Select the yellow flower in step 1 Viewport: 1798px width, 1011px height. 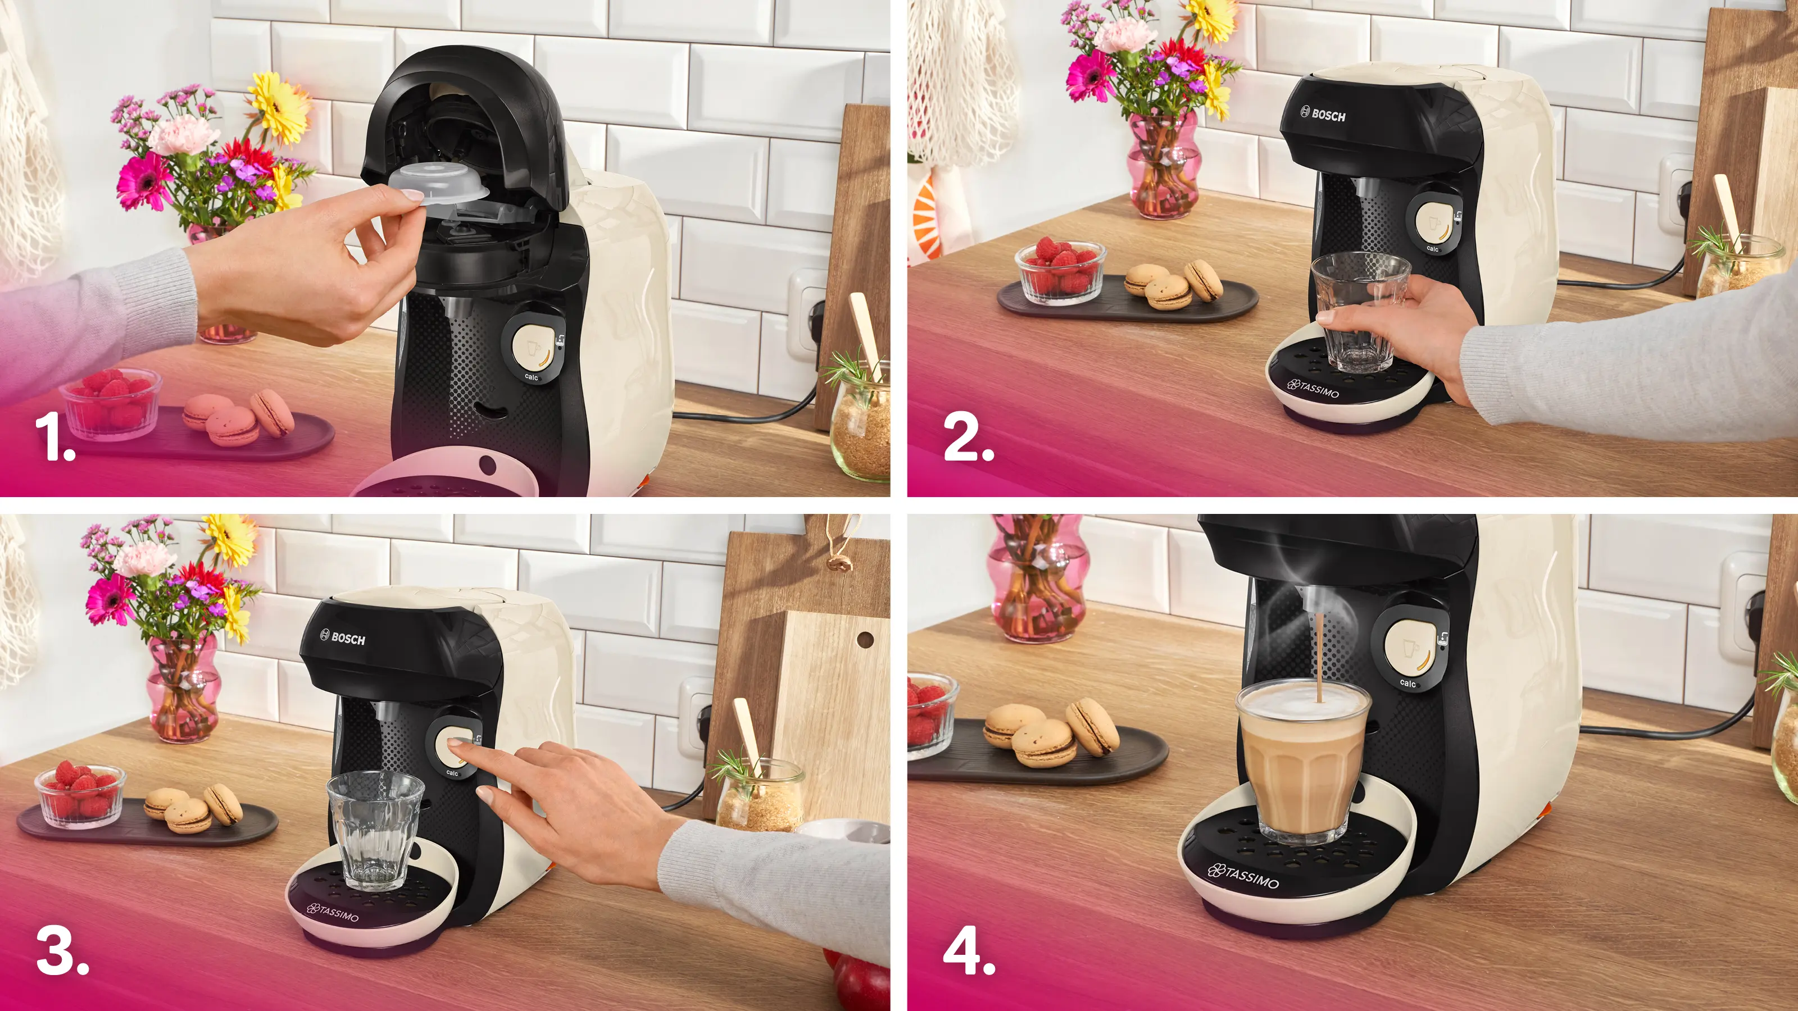[280, 109]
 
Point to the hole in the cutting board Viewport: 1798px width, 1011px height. [865, 639]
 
